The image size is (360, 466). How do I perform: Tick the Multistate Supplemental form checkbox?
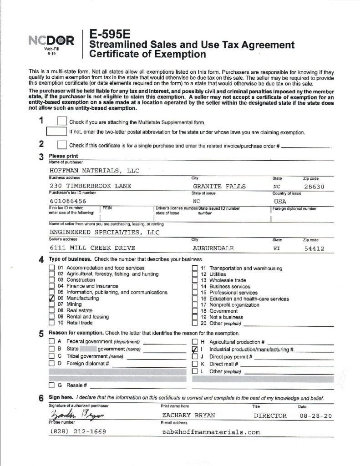click(62, 122)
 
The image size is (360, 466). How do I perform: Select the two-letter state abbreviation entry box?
click(56, 132)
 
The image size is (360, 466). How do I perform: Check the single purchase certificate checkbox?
click(62, 145)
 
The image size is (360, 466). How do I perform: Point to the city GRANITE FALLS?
click(219, 186)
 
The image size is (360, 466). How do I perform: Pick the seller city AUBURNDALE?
click(213, 248)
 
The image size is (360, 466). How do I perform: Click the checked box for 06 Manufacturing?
click(51, 299)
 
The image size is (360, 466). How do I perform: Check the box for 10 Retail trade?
click(51, 323)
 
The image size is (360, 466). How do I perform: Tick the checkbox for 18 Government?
click(194, 311)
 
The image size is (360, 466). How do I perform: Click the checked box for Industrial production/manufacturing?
click(194, 349)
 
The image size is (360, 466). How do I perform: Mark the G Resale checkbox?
click(51, 385)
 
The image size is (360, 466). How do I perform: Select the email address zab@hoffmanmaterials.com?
click(210, 432)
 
